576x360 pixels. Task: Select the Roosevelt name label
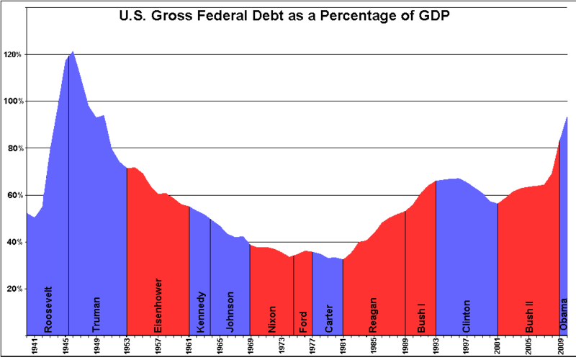pos(48,309)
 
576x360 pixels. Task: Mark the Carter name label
pos(328,317)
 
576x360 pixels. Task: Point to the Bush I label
pos(422,315)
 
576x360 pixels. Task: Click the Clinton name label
pos(467,315)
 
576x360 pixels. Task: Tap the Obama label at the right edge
pos(565,316)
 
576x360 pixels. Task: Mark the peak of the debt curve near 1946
pos(73,52)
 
